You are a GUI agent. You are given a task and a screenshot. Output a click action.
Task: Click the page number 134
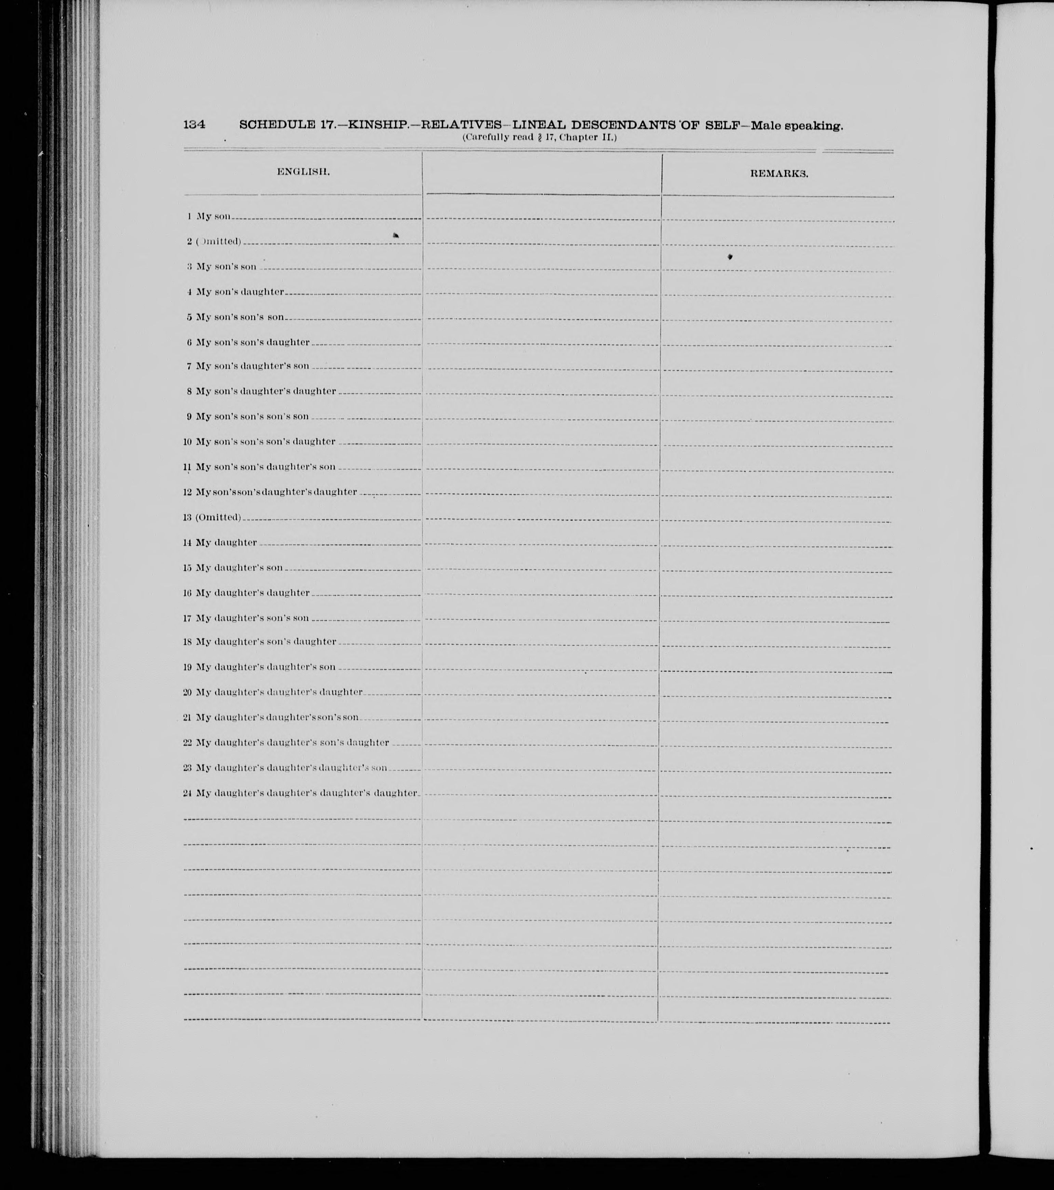click(194, 124)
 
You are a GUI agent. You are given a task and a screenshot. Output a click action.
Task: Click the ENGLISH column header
click(303, 172)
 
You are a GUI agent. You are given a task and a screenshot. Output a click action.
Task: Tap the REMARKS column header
click(779, 173)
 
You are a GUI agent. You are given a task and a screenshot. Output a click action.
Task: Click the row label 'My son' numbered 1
click(214, 216)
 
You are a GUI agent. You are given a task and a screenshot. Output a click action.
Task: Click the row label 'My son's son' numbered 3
click(226, 267)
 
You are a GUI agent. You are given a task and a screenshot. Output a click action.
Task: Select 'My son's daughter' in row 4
click(240, 292)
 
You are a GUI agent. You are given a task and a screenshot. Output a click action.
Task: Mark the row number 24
click(187, 793)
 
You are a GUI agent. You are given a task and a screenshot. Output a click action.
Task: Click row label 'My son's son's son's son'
click(252, 417)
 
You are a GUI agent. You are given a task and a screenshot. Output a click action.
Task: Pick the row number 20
click(187, 692)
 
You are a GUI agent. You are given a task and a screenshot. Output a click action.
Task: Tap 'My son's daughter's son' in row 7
click(252, 366)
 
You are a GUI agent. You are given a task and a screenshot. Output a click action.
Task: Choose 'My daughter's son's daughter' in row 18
click(266, 642)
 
